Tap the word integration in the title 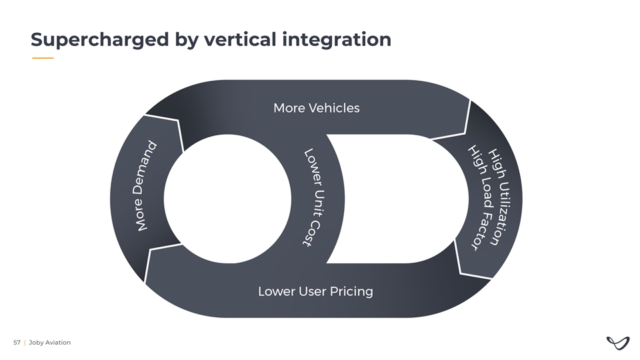(x=336, y=40)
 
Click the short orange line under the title (x=43, y=58)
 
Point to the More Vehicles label (x=316, y=108)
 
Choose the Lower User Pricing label (x=315, y=291)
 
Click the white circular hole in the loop (x=227, y=198)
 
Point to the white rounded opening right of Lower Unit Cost (x=393, y=198)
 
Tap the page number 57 (x=17, y=343)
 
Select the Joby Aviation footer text (x=49, y=343)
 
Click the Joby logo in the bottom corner (x=617, y=343)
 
